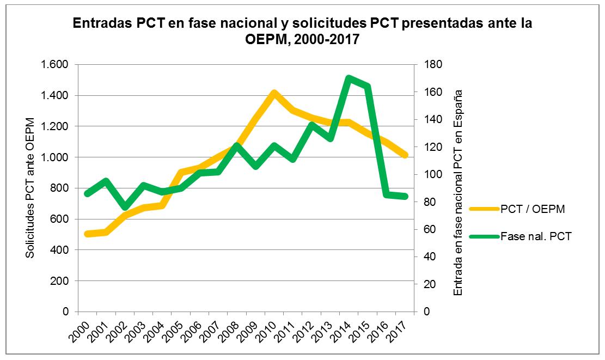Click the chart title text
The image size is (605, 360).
(302, 32)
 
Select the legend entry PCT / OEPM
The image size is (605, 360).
(531, 209)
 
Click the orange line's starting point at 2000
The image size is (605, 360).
(87, 234)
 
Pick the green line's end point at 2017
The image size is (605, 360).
(404, 196)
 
